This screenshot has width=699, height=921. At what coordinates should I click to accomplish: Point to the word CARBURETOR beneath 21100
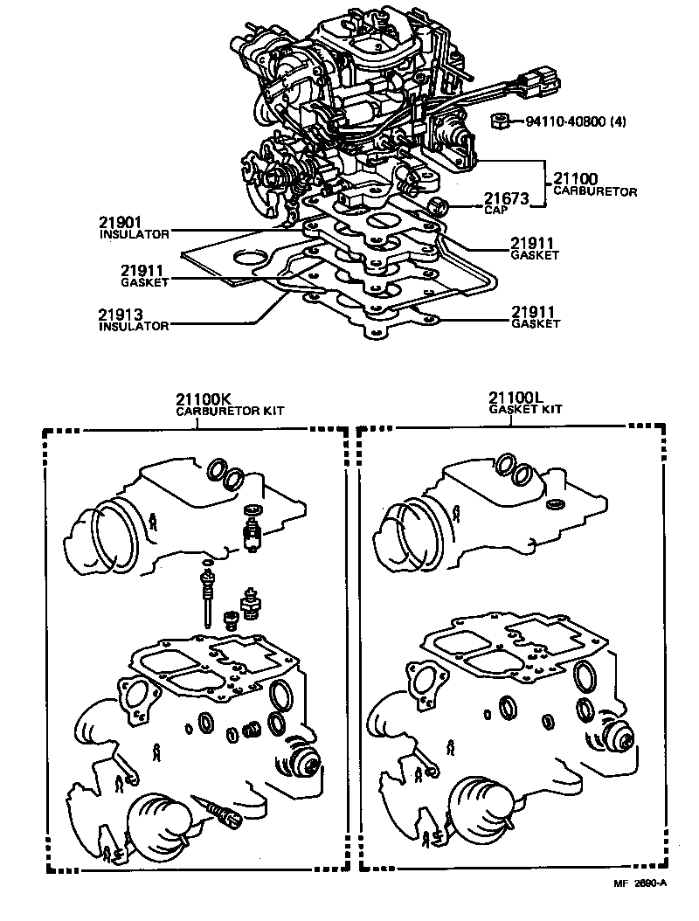[x=596, y=191]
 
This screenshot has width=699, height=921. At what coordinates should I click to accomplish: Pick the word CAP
[x=494, y=211]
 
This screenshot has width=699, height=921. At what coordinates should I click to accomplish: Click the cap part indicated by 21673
[x=440, y=206]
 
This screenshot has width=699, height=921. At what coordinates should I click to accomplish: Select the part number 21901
[x=120, y=224]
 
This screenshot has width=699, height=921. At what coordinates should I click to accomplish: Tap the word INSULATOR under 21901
[x=133, y=234]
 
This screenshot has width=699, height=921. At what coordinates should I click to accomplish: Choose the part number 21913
[x=120, y=315]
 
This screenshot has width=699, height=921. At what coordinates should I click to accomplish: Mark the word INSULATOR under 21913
[x=133, y=326]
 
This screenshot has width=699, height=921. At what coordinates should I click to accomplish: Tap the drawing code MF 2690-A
[x=640, y=883]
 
